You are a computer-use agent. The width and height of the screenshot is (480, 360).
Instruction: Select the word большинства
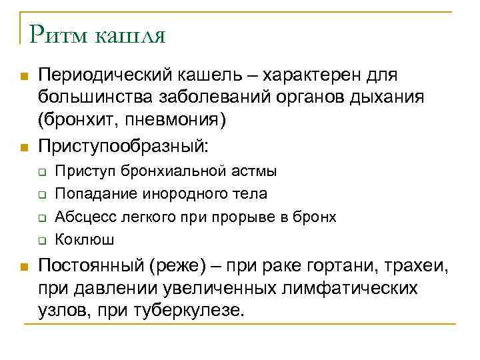94,99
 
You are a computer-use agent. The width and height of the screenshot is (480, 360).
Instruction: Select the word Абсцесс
80,217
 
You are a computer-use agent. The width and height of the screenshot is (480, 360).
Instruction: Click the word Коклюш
77,239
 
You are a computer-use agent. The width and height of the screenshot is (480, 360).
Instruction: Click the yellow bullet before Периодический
24,77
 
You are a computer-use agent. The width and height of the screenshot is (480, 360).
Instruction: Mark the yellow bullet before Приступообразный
24,145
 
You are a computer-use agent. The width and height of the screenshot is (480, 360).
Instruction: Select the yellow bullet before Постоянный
24,268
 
